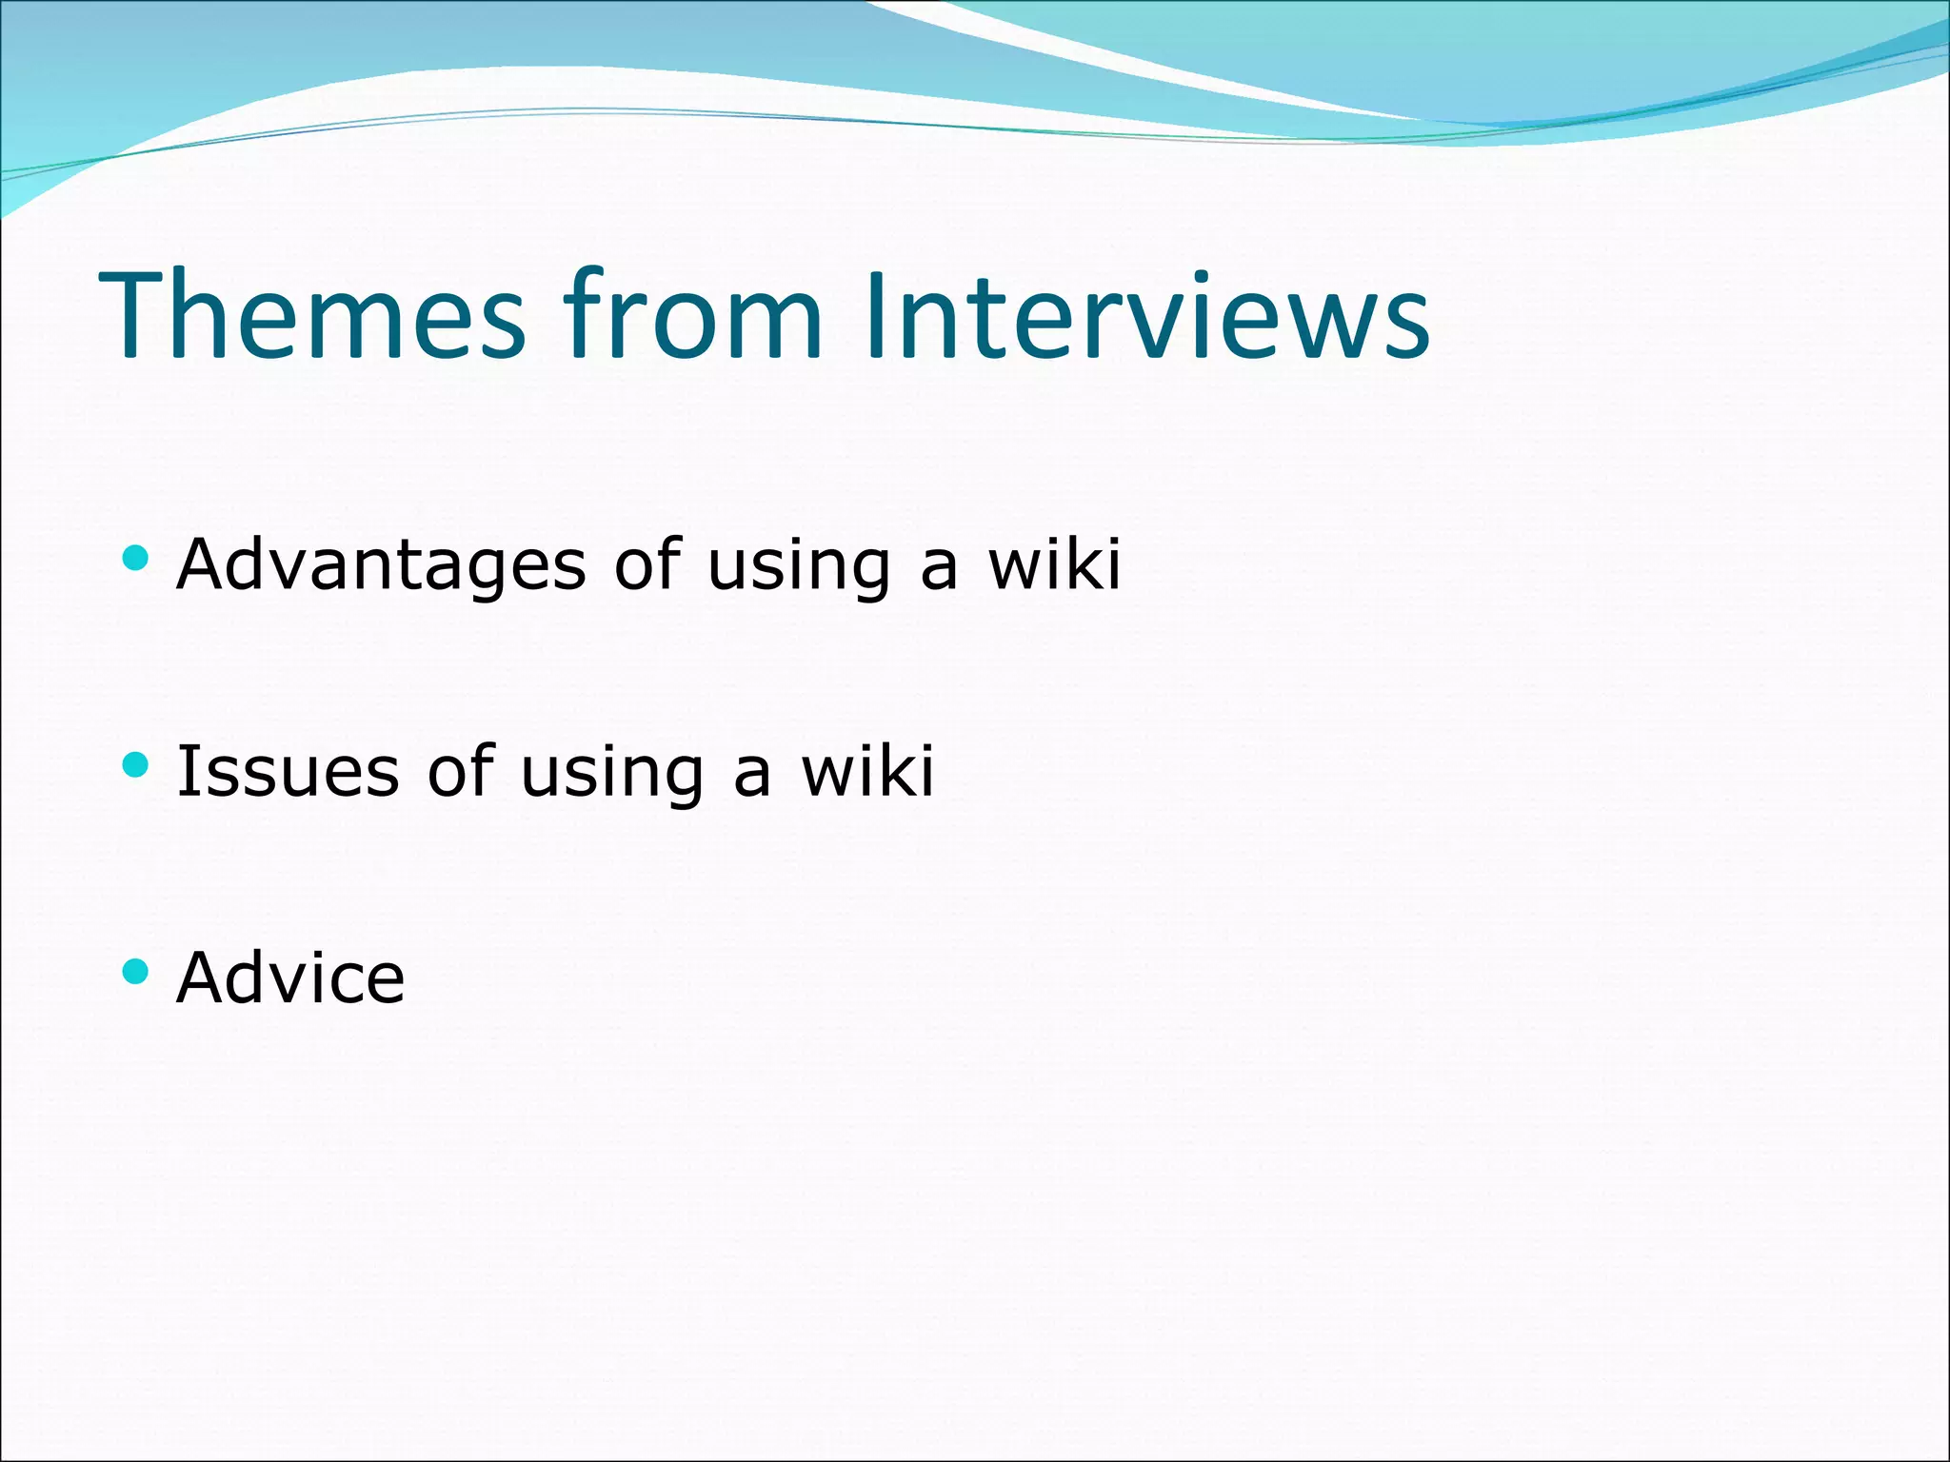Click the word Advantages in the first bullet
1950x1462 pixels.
coord(381,565)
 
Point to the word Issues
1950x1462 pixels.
coord(288,771)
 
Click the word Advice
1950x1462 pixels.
coord(290,978)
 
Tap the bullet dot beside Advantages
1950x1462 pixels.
coord(136,557)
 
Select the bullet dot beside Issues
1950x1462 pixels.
coord(136,763)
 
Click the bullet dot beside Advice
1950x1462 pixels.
coord(136,970)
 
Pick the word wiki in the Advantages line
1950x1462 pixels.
coord(1055,563)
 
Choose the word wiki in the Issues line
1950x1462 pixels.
coord(868,770)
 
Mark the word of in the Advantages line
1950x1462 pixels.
coord(647,563)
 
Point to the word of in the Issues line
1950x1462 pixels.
coord(460,770)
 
